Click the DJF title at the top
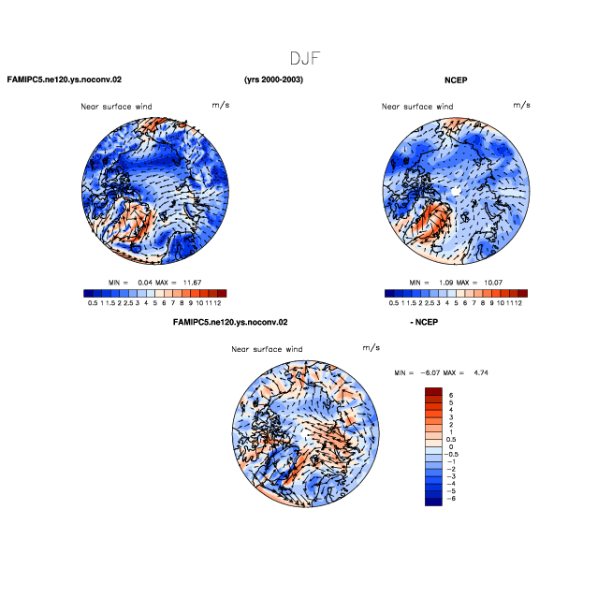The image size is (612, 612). coord(305,59)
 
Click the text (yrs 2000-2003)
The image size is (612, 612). coord(273,80)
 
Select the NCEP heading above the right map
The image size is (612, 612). coord(456,80)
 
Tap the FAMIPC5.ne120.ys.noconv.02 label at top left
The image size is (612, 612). coord(65,80)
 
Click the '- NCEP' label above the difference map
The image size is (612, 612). coord(424,322)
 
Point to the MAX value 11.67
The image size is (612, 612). coord(193,283)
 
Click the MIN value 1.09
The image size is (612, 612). coord(445,283)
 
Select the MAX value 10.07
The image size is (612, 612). coord(493,283)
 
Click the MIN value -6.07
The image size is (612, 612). coord(430,372)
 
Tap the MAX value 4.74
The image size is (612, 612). coord(481,372)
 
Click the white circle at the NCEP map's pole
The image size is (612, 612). coord(456,191)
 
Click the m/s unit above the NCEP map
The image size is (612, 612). coord(522,105)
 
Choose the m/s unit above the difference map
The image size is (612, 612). coord(372,347)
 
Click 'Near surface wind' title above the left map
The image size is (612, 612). coord(116,107)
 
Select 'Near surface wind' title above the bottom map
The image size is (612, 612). coord(267,349)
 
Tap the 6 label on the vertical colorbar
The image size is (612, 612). coord(451,396)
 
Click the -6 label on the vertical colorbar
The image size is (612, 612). coord(451,499)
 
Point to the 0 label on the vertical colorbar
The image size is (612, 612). coord(451,447)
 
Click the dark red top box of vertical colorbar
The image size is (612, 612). coord(433,391)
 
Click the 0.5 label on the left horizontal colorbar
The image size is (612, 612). coord(93,303)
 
